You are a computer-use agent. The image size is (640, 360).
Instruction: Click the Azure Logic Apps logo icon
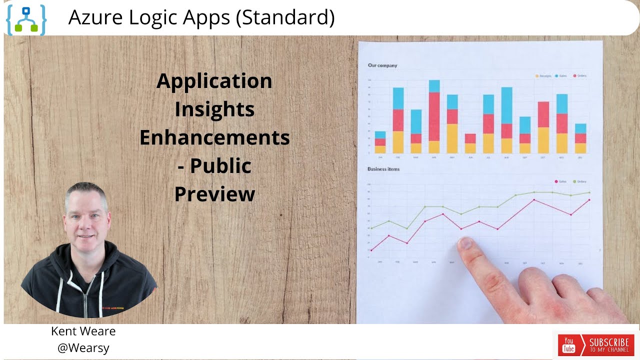26,19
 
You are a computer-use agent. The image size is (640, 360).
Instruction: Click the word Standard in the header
285,17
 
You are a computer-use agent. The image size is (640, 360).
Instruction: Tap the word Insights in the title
214,109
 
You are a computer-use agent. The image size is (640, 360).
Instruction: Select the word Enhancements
214,137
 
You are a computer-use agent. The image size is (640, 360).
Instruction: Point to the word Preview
214,194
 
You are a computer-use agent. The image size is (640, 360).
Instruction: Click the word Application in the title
214,81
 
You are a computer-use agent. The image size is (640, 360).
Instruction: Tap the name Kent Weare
83,331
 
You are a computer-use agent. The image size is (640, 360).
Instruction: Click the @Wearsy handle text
83,348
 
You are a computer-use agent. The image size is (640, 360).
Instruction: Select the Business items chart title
383,169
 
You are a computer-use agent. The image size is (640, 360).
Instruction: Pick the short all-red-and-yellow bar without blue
470,143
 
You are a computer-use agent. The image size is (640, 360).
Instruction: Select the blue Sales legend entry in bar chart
560,76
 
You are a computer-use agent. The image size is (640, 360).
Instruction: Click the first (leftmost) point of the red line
371,250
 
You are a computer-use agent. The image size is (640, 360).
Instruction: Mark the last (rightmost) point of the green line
589,192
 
